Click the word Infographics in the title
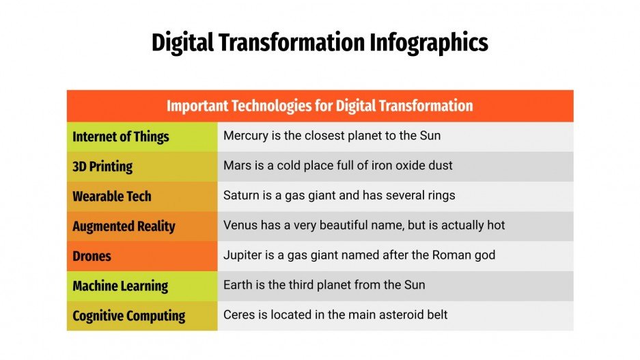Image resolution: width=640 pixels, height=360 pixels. click(429, 43)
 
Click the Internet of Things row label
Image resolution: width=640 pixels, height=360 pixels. click(121, 137)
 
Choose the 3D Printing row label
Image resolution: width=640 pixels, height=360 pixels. click(102, 167)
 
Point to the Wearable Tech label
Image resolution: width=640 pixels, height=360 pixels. click(112, 197)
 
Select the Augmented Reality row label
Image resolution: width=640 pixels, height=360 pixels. click(124, 227)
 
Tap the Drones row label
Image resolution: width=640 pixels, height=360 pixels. click(92, 257)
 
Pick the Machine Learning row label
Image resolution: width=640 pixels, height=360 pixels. click(120, 286)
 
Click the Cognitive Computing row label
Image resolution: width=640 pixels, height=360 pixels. click(129, 316)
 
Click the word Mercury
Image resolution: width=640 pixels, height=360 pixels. click(245, 135)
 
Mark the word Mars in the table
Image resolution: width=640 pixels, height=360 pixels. click(236, 165)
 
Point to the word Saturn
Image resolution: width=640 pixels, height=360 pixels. click(241, 195)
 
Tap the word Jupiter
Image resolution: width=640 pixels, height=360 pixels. click(242, 255)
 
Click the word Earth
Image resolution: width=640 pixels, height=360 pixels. click(238, 285)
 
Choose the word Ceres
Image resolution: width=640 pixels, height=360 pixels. click(239, 315)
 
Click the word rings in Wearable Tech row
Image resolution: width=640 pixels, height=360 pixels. click(439, 195)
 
